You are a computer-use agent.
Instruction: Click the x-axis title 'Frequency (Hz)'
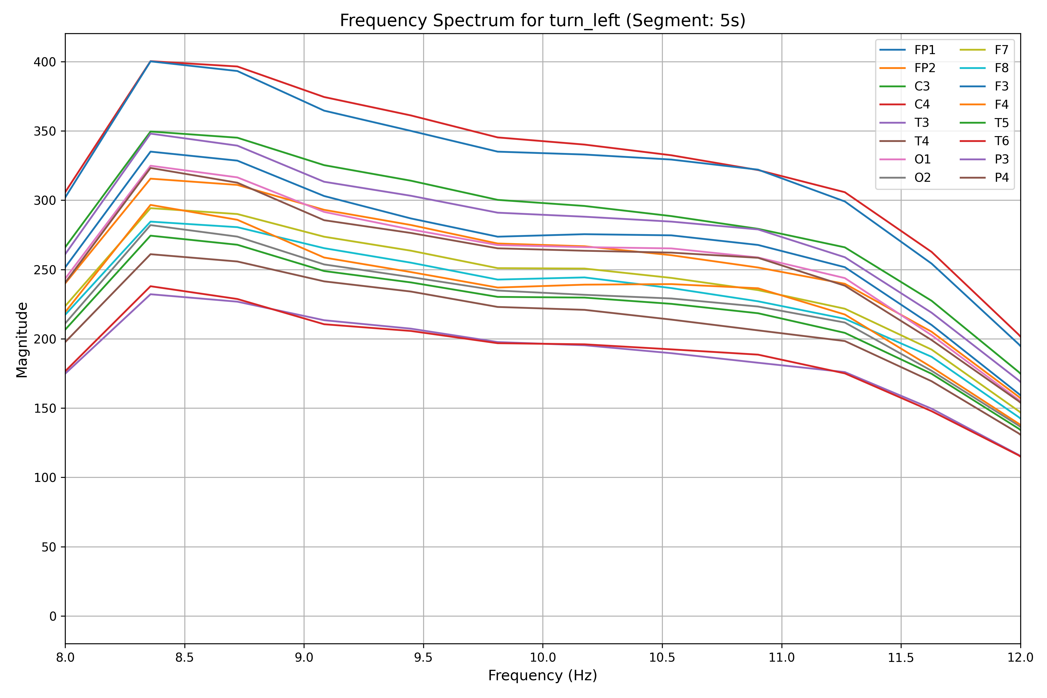542,675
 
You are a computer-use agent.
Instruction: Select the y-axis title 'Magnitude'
22,340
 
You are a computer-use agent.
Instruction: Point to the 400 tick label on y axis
45,62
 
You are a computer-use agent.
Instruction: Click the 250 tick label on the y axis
45,270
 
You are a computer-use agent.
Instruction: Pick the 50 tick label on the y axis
49,547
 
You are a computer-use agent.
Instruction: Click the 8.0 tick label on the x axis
65,658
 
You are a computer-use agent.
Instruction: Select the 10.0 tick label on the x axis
543,658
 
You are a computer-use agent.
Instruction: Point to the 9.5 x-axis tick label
423,658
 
